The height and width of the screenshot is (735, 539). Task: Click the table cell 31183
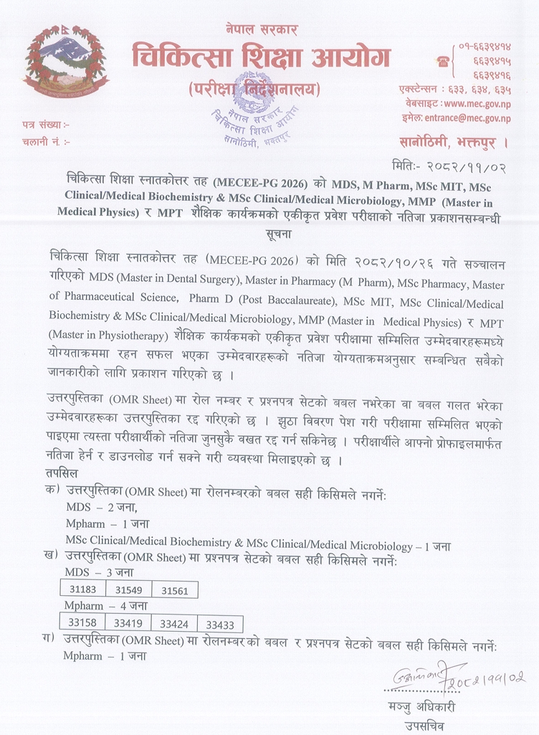[x=82, y=590]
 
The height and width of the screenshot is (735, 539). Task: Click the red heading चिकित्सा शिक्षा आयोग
[x=261, y=55]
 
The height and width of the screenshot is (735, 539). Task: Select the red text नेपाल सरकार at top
[x=261, y=29]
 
